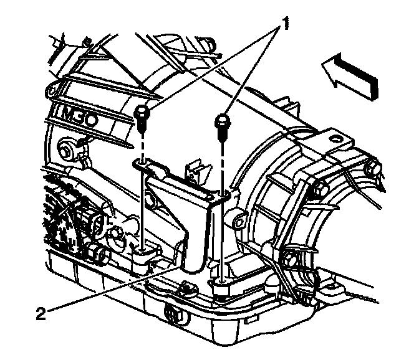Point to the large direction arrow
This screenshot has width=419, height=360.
[x=353, y=73]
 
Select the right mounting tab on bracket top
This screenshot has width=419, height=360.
[x=223, y=198]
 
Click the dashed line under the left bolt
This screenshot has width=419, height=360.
[x=142, y=143]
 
